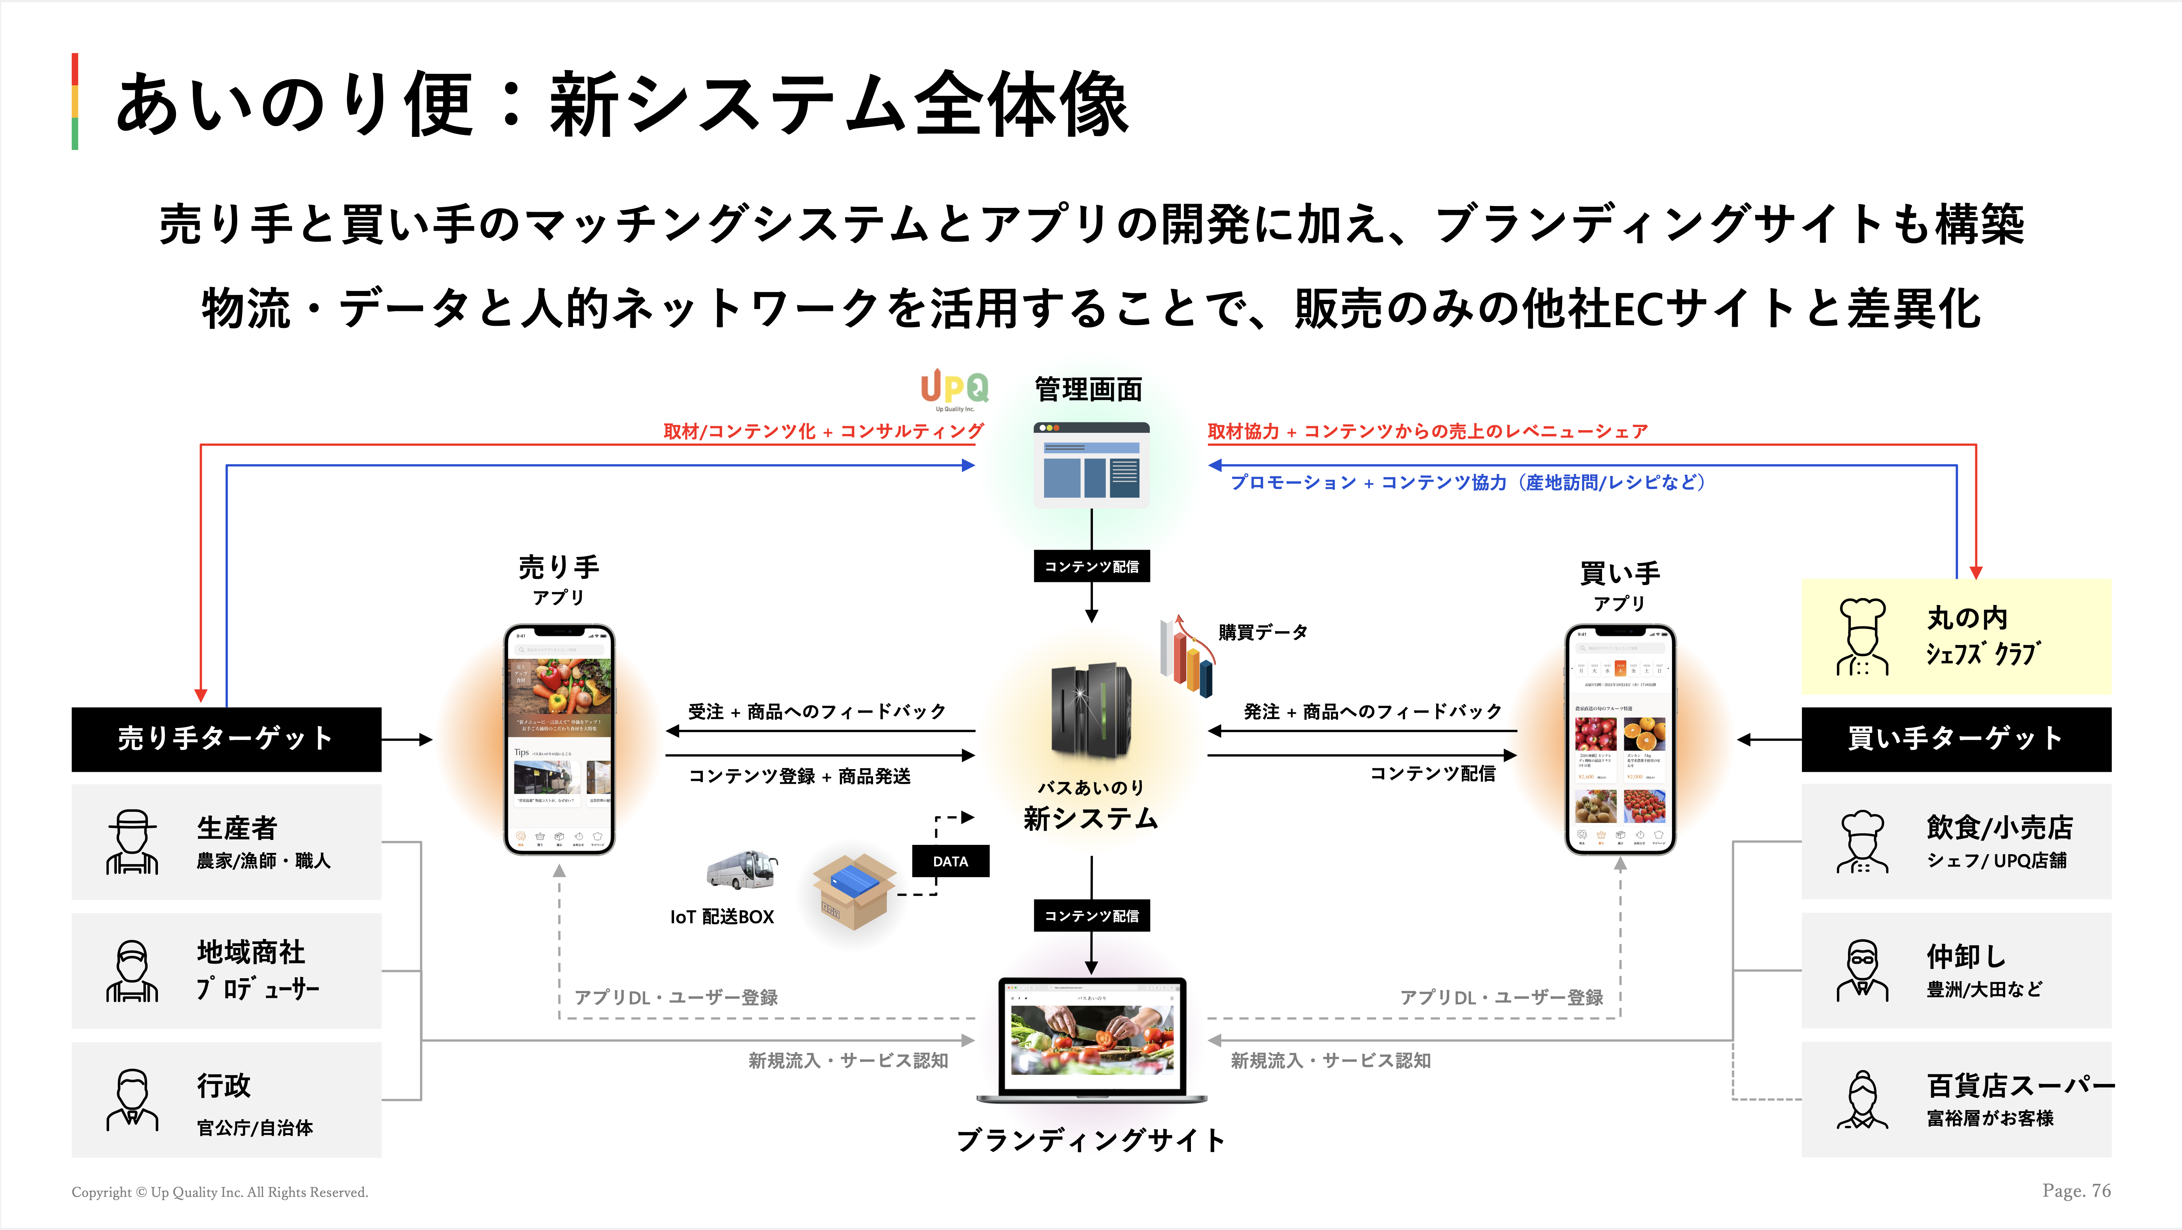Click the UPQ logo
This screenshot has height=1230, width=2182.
click(x=955, y=390)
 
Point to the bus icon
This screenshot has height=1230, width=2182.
click(x=742, y=870)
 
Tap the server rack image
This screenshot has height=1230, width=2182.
click(x=1091, y=711)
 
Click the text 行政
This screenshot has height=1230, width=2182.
click(x=224, y=1085)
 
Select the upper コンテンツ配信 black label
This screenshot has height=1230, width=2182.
click(x=1091, y=566)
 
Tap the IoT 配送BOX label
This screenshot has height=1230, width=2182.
click(x=722, y=917)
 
